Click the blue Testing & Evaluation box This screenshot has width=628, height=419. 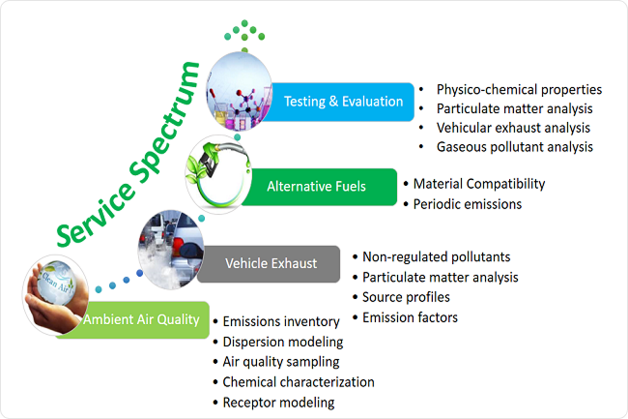(343, 101)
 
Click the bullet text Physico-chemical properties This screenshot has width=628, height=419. (519, 90)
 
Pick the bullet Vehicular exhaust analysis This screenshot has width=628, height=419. (512, 128)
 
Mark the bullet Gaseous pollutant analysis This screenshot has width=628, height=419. (514, 146)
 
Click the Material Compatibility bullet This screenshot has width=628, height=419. (478, 184)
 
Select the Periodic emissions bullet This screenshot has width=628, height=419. (467, 203)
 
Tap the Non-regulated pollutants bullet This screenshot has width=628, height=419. (436, 257)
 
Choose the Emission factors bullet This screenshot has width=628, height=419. (410, 316)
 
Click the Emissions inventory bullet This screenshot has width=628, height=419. (280, 322)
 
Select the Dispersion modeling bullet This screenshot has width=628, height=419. (282, 342)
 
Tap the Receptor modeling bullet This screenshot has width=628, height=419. (278, 402)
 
